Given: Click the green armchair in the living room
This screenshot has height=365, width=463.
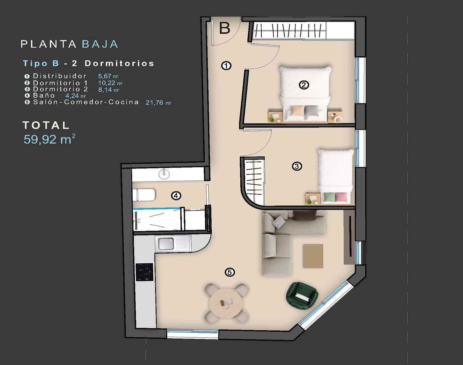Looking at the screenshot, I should tap(302, 293).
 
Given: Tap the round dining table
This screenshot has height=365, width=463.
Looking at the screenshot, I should tap(225, 303).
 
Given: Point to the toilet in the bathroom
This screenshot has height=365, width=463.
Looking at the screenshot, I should tap(144, 195).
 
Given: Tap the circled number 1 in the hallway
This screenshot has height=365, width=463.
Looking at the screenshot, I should tap(226, 65).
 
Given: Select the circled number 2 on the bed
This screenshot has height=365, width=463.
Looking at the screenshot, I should tap(304, 85).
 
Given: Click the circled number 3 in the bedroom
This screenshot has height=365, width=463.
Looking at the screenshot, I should tap(297, 166).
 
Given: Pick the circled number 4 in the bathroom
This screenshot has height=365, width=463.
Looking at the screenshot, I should tap(176, 196).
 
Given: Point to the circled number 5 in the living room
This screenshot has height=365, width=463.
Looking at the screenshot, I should tap(230, 272).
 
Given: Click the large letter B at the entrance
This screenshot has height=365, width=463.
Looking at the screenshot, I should tap(225, 28).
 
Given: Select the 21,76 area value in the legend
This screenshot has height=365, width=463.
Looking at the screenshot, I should tap(155, 103).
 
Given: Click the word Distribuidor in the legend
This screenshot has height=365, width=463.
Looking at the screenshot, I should tap(60, 76).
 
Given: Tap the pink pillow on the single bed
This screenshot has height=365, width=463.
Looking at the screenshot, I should tap(341, 197).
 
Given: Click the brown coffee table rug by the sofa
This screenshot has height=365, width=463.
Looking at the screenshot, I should tap(313, 256).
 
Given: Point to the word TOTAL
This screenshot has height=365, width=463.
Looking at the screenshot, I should tap(46, 125).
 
